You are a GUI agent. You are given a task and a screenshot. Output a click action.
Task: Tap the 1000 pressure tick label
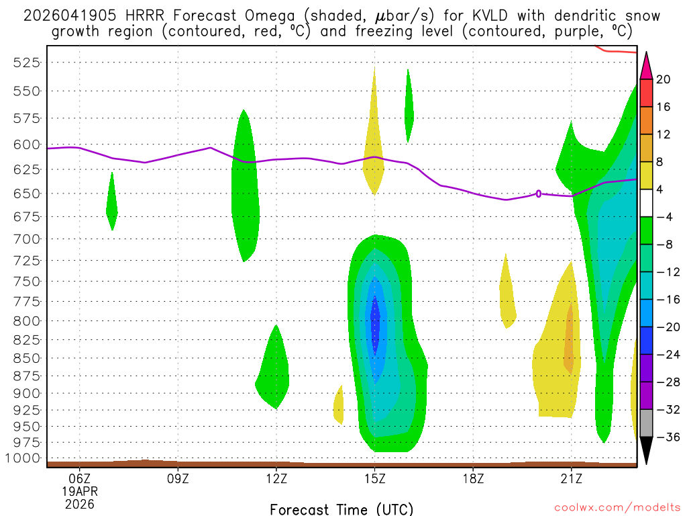click(x=27, y=458)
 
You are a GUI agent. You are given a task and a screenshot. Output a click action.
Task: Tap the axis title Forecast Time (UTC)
click(x=341, y=509)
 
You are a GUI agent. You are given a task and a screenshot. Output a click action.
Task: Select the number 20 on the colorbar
click(x=663, y=79)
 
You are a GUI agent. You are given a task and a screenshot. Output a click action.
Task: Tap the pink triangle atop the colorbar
click(x=646, y=65)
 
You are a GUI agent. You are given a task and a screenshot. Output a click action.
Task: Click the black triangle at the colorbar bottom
click(x=646, y=451)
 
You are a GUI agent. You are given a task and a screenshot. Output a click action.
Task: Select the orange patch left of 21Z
click(x=570, y=339)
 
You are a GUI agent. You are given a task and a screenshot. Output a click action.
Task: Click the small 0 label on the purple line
click(x=539, y=193)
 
